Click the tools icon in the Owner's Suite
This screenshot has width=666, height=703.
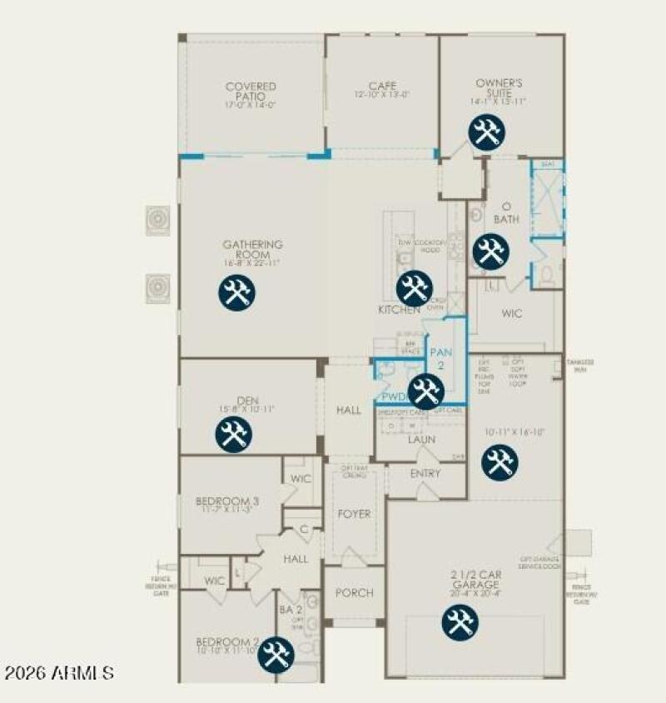[485, 132]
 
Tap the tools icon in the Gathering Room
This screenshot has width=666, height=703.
[236, 293]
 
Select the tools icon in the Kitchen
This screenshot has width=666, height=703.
[413, 288]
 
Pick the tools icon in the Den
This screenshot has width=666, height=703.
[233, 435]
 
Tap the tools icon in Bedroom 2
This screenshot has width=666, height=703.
[275, 655]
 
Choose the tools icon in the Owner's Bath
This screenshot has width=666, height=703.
[490, 251]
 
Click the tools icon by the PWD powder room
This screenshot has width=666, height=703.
[425, 391]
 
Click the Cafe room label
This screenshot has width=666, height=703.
[382, 86]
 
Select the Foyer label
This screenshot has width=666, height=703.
[354, 514]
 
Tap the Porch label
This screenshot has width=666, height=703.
[354, 593]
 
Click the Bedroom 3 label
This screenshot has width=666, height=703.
[227, 501]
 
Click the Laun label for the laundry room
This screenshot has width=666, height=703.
[421, 439]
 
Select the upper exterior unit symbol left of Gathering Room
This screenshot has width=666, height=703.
[157, 220]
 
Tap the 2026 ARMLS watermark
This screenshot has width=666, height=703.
[59, 671]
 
